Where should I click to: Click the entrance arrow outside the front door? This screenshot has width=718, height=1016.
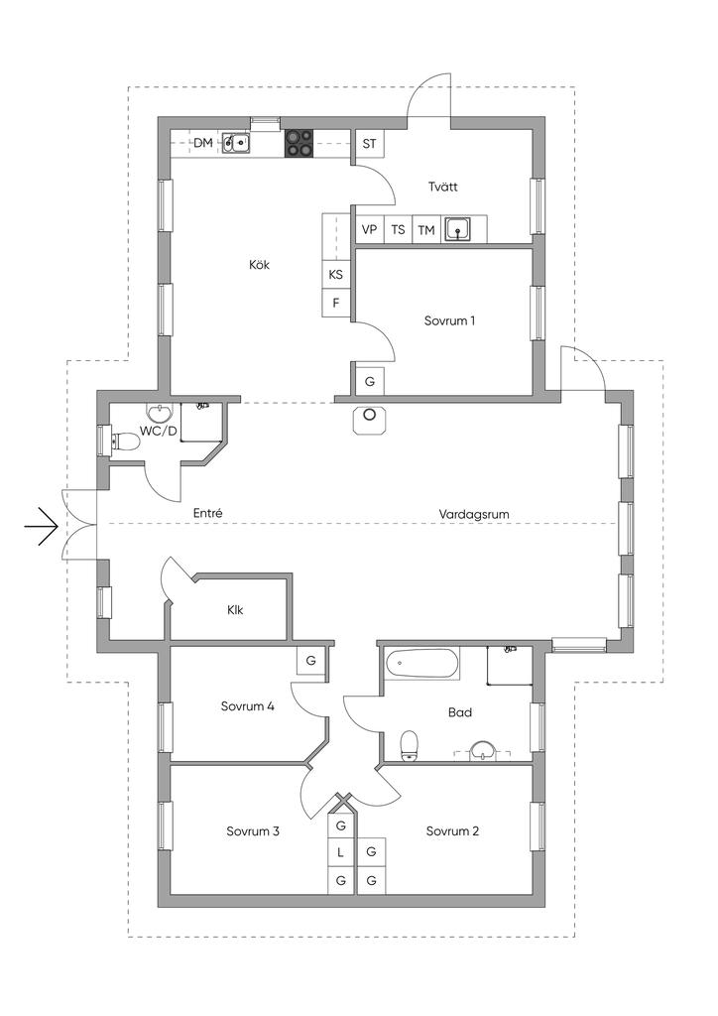point(41,526)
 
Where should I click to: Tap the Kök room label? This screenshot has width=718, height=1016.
point(260,265)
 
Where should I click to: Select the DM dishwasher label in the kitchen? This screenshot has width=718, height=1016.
point(202,144)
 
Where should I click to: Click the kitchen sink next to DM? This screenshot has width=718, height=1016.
point(236,144)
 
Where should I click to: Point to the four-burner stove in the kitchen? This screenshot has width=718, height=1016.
point(300,144)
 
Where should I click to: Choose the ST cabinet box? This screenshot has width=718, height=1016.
point(370,144)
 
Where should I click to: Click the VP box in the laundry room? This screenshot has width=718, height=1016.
point(370,230)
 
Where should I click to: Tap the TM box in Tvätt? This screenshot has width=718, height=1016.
point(426,230)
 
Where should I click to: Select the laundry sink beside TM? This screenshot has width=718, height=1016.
point(457,230)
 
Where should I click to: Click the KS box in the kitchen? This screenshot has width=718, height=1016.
point(336,275)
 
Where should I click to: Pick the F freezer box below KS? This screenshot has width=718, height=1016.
point(336,303)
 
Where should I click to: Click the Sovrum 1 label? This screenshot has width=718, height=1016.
point(449,320)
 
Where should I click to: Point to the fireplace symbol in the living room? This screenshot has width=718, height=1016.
point(370,418)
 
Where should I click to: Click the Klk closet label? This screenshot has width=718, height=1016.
point(235,609)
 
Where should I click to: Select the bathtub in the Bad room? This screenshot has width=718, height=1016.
point(422,663)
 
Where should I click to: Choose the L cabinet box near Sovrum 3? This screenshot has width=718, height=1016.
point(341,852)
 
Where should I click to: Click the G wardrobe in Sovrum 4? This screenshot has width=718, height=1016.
point(310,660)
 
